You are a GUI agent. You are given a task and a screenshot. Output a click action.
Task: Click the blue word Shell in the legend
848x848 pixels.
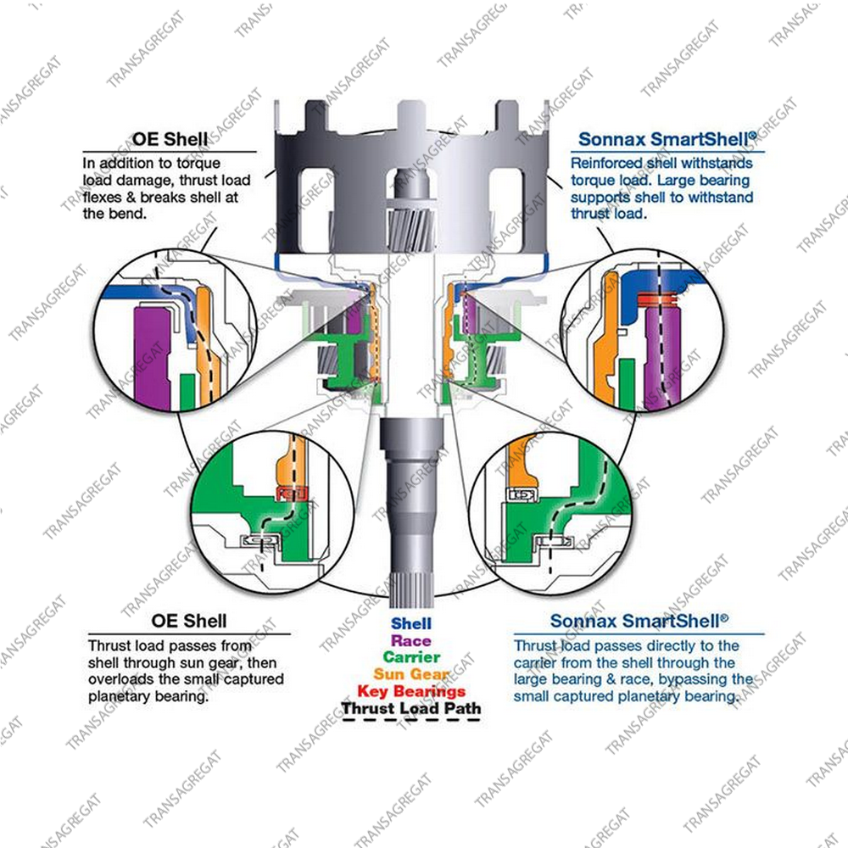411,623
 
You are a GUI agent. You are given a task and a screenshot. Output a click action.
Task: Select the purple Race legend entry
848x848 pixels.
411,641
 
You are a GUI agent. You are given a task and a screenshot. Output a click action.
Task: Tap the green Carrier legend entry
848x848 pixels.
411,657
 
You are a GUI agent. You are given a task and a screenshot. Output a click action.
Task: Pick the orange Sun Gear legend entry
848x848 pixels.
411,674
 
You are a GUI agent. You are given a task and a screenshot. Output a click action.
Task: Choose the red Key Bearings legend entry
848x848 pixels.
411,691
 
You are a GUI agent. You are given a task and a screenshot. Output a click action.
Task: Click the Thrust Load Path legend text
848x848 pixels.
411,708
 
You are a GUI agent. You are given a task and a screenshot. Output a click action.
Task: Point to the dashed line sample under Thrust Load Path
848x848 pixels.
411,720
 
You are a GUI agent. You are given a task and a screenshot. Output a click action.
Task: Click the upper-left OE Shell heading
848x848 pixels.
170,139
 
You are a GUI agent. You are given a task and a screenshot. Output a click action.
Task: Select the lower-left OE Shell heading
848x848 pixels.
189,621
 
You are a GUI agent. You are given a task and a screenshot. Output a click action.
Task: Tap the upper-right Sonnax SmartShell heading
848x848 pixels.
667,139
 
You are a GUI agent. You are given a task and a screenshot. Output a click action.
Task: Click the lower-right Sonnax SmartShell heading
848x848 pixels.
639,621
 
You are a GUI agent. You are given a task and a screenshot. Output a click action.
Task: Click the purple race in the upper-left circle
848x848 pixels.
152,356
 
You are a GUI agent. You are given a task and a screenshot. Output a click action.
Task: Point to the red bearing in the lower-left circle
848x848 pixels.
292,494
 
